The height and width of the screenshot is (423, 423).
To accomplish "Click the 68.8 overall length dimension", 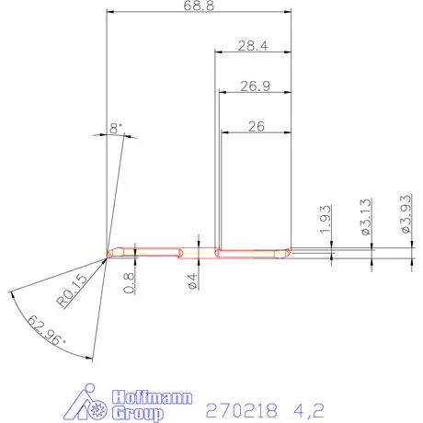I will [x=198, y=7].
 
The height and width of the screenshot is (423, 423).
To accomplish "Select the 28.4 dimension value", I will [x=252, y=45].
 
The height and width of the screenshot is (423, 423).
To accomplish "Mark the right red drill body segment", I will [x=253, y=251].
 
